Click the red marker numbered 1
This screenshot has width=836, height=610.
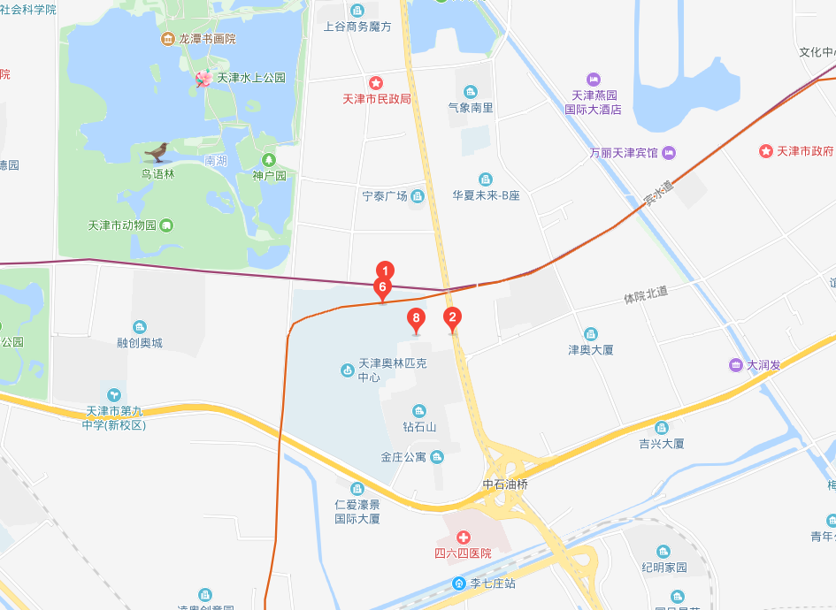tap(384, 271)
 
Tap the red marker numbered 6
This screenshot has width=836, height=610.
tap(382, 287)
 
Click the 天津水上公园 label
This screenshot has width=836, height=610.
tap(251, 78)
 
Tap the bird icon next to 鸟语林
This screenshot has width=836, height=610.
tap(157, 152)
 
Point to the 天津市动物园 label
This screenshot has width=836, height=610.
tap(122, 225)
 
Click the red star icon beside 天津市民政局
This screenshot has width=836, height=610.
tap(376, 83)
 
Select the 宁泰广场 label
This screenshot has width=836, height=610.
tap(385, 195)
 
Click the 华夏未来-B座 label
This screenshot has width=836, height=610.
tap(486, 195)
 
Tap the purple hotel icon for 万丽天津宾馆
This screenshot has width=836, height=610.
tap(669, 153)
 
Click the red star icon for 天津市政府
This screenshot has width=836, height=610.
tap(766, 151)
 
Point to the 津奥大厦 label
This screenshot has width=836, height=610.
tap(590, 350)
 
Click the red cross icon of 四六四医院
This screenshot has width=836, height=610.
tap(463, 538)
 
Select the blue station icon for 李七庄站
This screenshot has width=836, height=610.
tap(459, 583)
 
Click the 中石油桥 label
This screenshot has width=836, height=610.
tap(505, 484)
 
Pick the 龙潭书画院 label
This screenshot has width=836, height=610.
tap(207, 39)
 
